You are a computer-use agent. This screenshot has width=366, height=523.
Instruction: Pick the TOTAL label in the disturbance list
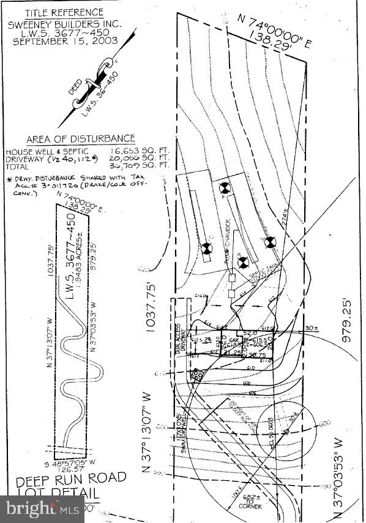(x=19, y=165)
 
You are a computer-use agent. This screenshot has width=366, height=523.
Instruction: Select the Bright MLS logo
(x=43, y=508)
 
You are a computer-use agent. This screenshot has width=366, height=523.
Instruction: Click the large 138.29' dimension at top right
(x=277, y=40)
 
